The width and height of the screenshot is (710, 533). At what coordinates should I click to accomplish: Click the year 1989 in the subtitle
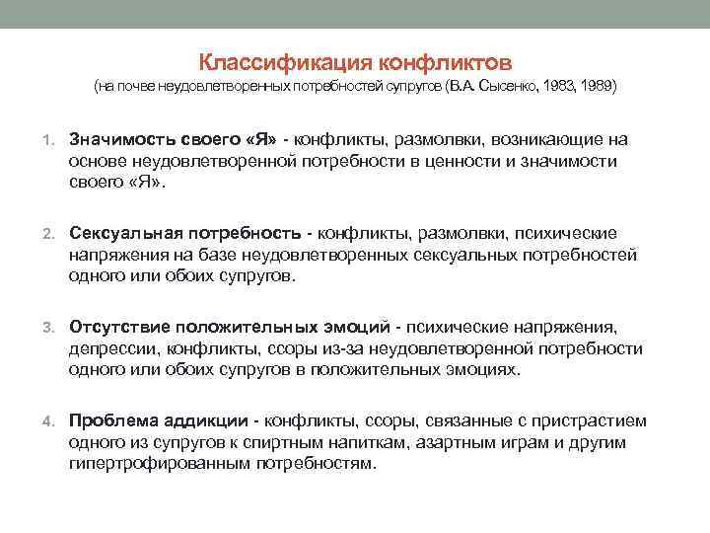tap(599, 87)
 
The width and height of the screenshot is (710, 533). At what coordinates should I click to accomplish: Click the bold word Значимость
tap(117, 139)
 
